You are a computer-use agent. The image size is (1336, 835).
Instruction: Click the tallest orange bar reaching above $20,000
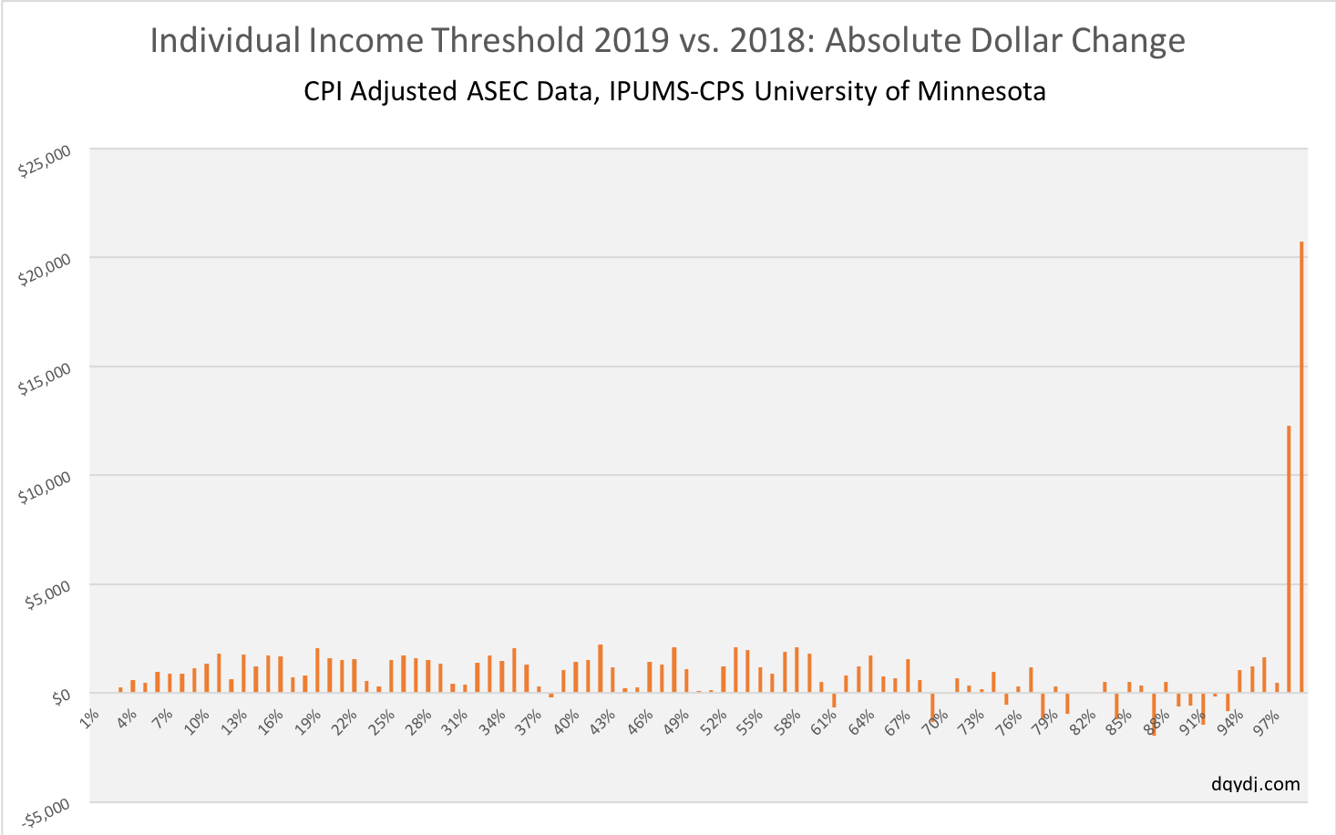click(x=1301, y=465)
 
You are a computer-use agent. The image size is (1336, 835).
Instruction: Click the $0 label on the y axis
click(x=60, y=697)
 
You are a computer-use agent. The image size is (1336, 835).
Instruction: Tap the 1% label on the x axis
click(x=90, y=719)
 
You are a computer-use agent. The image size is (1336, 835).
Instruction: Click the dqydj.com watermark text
click(x=1256, y=784)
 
